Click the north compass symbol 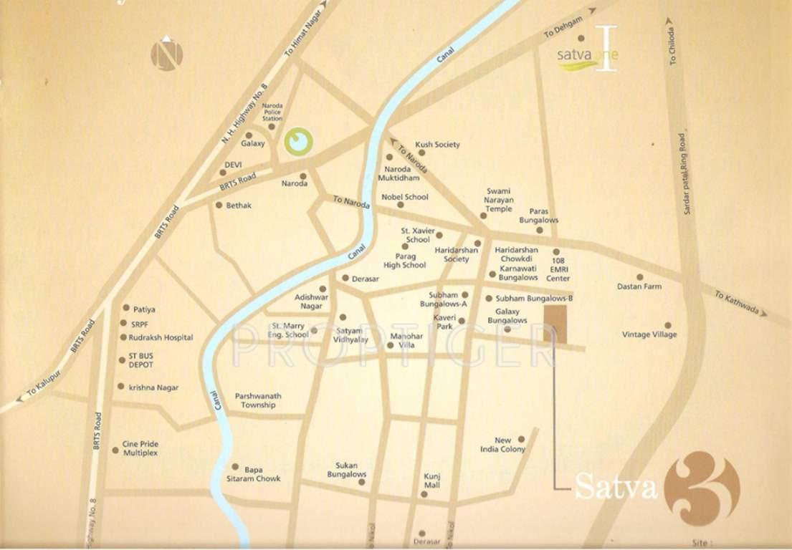[166, 54]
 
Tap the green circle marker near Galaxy [298, 142]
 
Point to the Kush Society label [437, 145]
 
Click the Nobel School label [404, 197]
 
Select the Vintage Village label [649, 334]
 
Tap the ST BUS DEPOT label [140, 360]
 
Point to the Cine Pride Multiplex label [140, 448]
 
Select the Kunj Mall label [431, 481]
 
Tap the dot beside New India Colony [522, 439]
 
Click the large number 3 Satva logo [702, 488]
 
